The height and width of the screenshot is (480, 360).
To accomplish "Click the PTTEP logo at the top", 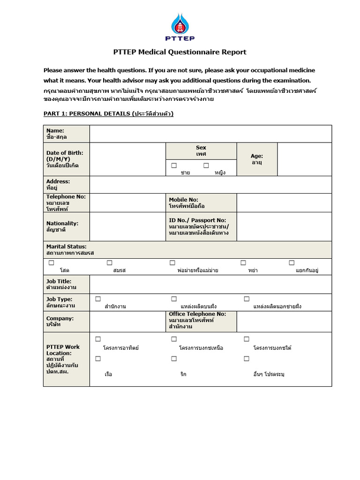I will click(180, 27).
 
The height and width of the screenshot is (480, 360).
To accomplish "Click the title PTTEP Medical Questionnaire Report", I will click(180, 52).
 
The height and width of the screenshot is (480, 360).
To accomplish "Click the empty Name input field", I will click(210, 134).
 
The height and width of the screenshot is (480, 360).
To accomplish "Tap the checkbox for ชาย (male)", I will click(174, 165).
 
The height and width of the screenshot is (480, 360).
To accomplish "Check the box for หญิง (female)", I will click(206, 165).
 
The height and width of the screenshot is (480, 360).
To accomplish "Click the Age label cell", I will click(257, 159).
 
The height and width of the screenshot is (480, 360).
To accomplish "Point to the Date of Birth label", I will click(65, 159).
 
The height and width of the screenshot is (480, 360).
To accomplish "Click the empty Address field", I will click(210, 184).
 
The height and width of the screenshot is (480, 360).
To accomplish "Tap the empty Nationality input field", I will click(127, 226).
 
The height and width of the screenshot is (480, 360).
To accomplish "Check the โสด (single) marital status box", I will click(51, 262).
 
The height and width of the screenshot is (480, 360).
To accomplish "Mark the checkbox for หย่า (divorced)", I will click(243, 262).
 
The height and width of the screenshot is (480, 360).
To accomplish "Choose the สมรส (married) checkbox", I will click(110, 262).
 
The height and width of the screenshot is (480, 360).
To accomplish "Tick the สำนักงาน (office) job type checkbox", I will click(98, 299).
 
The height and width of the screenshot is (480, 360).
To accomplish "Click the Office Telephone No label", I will click(197, 320).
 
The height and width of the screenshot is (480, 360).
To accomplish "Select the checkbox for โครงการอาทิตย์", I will click(98, 339).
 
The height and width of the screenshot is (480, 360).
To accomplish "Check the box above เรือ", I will click(98, 359).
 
